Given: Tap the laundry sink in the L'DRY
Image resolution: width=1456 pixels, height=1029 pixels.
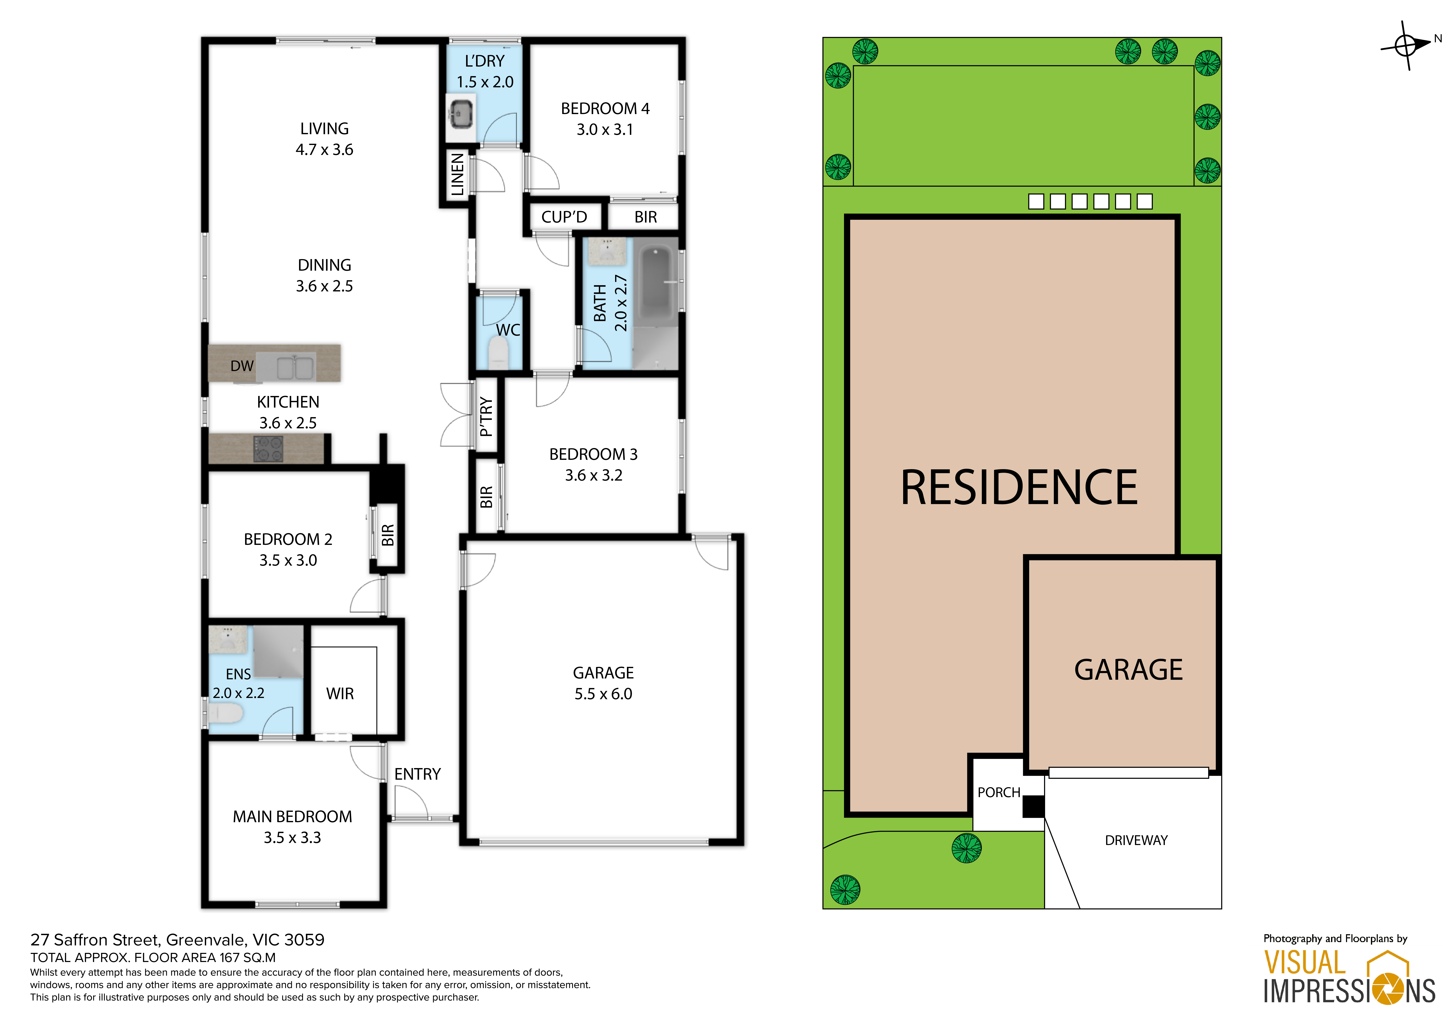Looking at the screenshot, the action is tap(460, 113).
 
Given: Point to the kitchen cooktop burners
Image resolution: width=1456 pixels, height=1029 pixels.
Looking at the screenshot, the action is tap(268, 449).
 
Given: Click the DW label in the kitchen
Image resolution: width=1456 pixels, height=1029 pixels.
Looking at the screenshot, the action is tap(242, 366).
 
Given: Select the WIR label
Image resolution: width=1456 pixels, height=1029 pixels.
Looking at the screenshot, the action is tap(340, 694).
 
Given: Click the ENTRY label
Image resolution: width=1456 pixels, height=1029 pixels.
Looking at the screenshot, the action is tap(417, 774).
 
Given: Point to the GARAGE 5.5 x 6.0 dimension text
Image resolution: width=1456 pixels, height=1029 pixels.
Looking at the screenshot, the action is tap(603, 694).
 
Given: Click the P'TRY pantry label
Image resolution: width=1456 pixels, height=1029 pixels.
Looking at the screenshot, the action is tap(486, 416).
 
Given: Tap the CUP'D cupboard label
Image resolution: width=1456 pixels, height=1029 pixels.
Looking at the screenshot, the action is tap(564, 217).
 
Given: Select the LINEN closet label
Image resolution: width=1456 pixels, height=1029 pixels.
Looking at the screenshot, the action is tap(457, 175).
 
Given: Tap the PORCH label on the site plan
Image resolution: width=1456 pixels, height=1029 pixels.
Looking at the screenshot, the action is tap(999, 793).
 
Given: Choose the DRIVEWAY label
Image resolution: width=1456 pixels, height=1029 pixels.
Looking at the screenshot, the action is tap(1136, 840).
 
